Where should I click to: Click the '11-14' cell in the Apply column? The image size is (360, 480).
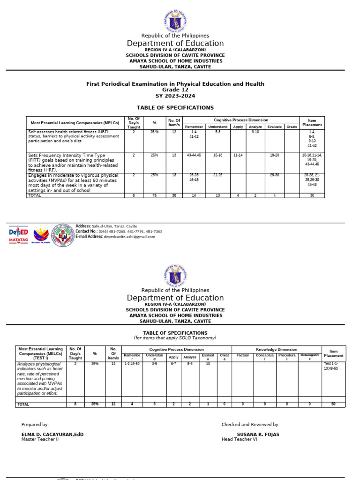pyautogui.click(x=238, y=155)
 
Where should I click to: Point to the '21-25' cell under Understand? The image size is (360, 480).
pyautogui.click(x=217, y=175)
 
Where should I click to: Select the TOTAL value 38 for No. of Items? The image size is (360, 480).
pyautogui.click(x=174, y=195)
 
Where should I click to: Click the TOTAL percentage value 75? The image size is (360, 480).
pyautogui.click(x=154, y=195)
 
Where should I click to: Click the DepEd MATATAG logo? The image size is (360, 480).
pyautogui.click(x=19, y=235)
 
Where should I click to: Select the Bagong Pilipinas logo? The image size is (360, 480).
pyautogui.click(x=42, y=235)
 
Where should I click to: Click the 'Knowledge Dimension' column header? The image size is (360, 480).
pyautogui.click(x=276, y=350)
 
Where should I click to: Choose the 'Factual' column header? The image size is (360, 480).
pyautogui.click(x=242, y=355)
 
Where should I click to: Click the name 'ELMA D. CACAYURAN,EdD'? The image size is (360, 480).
pyautogui.click(x=52, y=435)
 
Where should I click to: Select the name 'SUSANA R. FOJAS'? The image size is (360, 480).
pyautogui.click(x=258, y=435)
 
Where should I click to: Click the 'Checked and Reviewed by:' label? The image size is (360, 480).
pyautogui.click(x=250, y=425)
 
